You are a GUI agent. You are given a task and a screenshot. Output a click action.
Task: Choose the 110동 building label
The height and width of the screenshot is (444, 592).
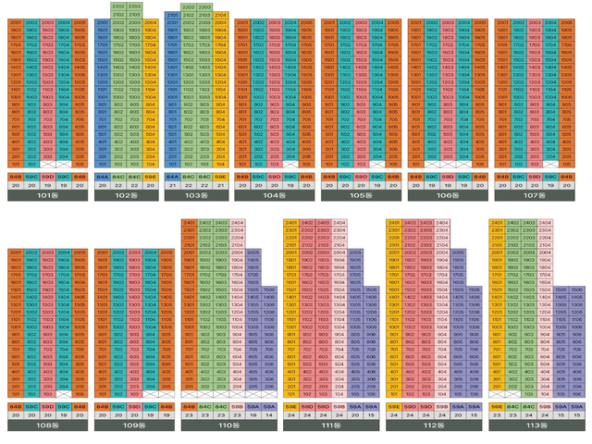pos(228,427)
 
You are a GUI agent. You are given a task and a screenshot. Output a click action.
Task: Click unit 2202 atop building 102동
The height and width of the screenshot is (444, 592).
pos(118,6)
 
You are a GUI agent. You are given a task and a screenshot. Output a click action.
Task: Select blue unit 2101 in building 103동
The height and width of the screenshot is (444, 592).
pos(173,16)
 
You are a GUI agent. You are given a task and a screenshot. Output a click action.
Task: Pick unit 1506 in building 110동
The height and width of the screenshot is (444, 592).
pos(267,290)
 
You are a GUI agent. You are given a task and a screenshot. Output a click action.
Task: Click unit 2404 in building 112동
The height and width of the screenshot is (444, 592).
pos(443,223)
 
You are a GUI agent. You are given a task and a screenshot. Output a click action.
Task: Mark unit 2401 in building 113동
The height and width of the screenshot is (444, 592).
pos(498,223)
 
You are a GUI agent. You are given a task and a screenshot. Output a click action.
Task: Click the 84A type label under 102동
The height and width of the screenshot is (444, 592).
pos(103,176)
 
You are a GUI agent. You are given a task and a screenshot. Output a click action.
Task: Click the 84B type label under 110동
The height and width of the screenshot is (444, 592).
pos(190,406)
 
